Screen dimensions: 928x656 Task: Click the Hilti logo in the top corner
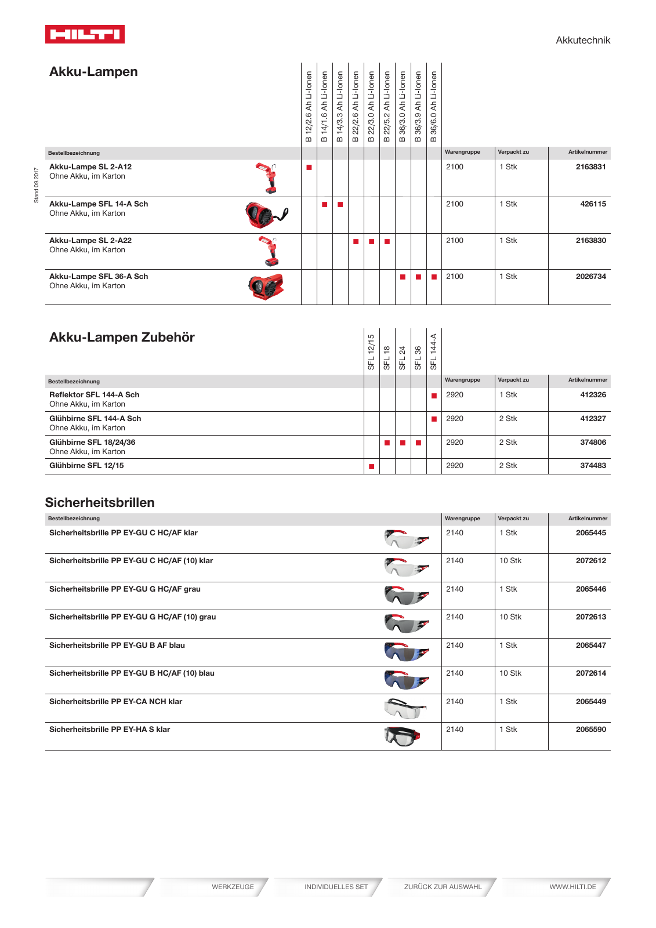[85, 34]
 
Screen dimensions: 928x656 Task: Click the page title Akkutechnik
[582, 40]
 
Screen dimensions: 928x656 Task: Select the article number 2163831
[590, 167]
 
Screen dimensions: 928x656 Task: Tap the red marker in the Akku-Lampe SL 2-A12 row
[309, 168]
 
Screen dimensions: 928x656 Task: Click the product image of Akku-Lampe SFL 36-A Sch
[266, 287]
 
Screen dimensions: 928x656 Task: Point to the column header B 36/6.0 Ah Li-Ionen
[434, 107]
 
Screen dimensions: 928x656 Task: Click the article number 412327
[593, 419]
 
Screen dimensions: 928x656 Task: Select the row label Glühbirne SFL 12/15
[86, 466]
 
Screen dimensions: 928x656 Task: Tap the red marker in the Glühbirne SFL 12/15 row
[372, 466]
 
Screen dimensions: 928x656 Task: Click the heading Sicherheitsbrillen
[100, 502]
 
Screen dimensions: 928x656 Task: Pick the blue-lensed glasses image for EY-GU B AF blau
[406, 652]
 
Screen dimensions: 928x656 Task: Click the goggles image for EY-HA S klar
[402, 736]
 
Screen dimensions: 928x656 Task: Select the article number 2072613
[590, 617]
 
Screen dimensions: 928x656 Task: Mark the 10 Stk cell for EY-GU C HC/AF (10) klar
[510, 561]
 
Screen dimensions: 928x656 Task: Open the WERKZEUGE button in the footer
[233, 887]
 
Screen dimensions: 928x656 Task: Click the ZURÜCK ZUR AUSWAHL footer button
[443, 887]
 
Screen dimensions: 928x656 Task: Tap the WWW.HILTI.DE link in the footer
[572, 887]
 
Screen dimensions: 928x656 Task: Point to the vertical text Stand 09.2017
[36, 185]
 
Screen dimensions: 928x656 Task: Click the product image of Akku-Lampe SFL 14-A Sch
[266, 215]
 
